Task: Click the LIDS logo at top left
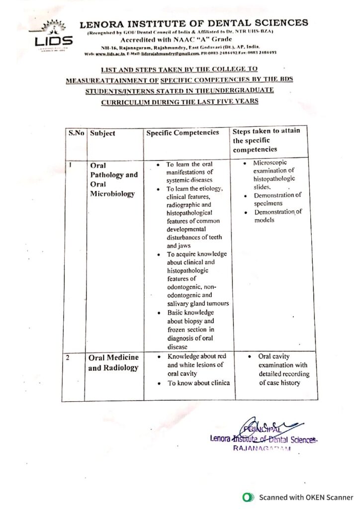click(x=54, y=35)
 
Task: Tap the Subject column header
click(x=103, y=133)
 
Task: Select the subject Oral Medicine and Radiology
click(x=113, y=363)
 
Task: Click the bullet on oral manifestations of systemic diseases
click(x=189, y=172)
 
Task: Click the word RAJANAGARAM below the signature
click(x=261, y=448)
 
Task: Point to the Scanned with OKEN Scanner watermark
click(x=298, y=497)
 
